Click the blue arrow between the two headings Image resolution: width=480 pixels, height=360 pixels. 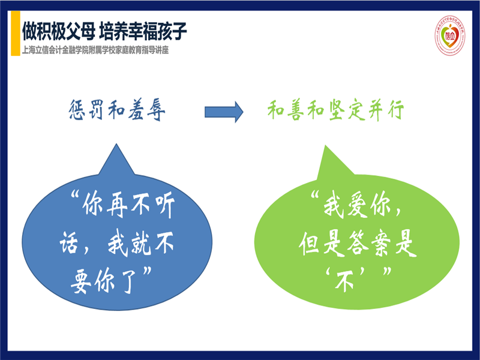pyautogui.click(x=223, y=112)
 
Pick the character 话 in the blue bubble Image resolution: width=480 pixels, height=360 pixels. pyautogui.click(x=68, y=244)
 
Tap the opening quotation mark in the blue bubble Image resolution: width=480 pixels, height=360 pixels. pyautogui.click(x=70, y=198)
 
